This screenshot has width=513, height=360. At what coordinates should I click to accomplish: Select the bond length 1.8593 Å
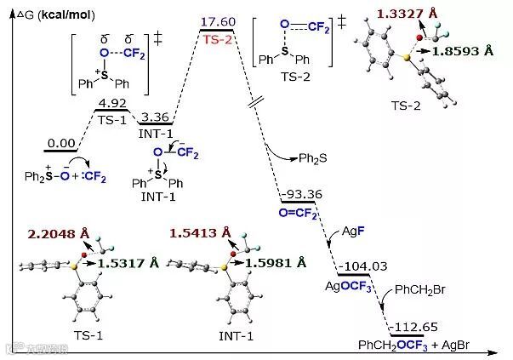pos(466,51)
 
